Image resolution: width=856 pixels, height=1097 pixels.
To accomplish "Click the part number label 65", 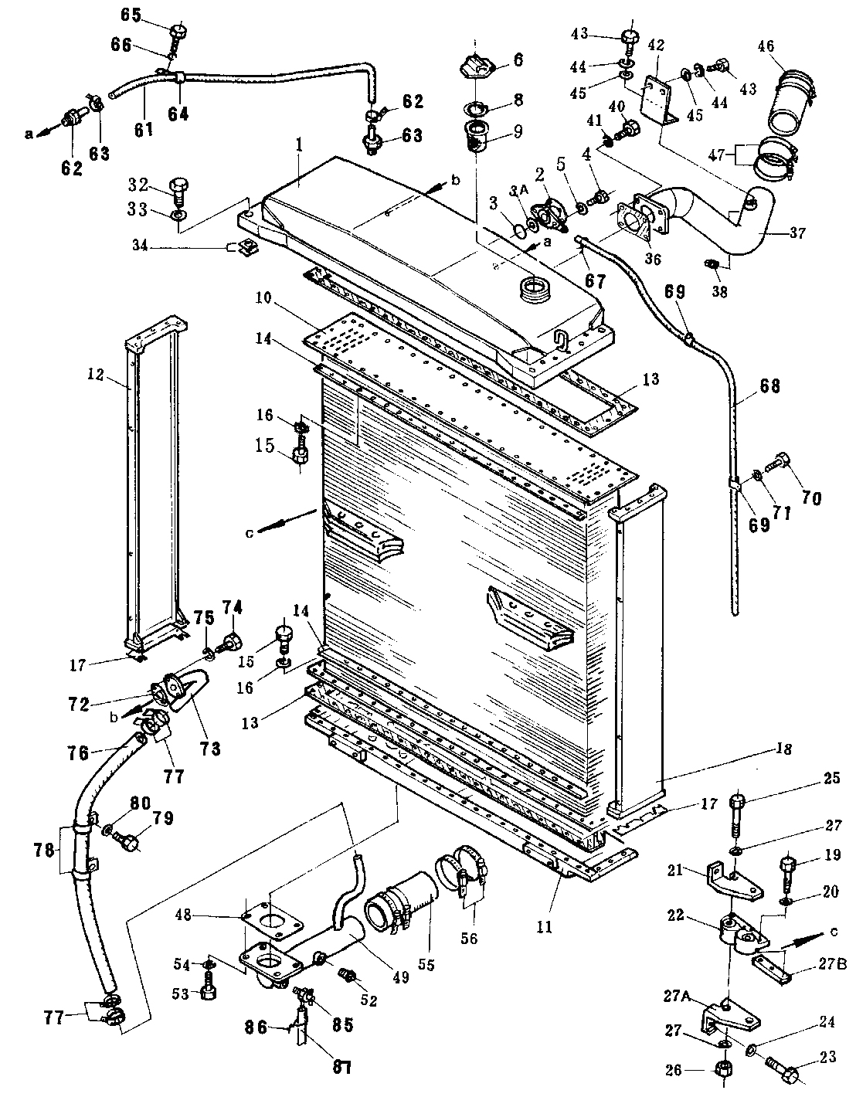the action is click(131, 15).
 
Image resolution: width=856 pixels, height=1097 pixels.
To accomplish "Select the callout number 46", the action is click(765, 46).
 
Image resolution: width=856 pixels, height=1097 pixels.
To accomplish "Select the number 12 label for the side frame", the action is click(95, 375).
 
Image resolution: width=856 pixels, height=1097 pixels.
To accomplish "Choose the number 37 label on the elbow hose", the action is click(799, 233).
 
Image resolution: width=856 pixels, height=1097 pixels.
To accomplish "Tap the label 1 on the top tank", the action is click(299, 146).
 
